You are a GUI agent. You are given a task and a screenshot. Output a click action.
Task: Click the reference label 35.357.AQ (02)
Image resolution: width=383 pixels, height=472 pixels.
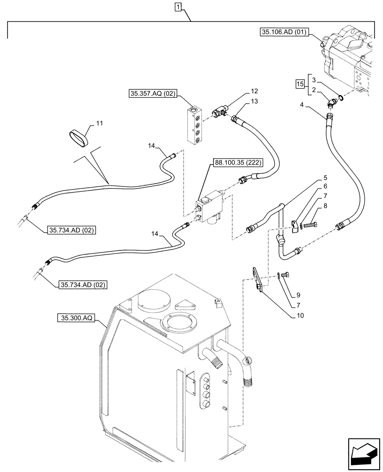pyautogui.click(x=152, y=94)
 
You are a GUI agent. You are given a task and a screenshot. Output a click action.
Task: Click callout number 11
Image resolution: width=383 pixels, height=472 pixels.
pyautogui.click(x=99, y=123)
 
